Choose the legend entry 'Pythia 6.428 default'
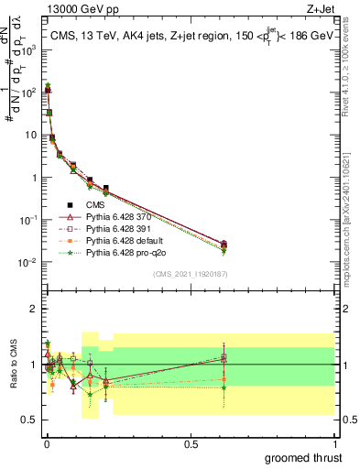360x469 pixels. click(x=126, y=240)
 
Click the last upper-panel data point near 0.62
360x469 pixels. click(x=224, y=244)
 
